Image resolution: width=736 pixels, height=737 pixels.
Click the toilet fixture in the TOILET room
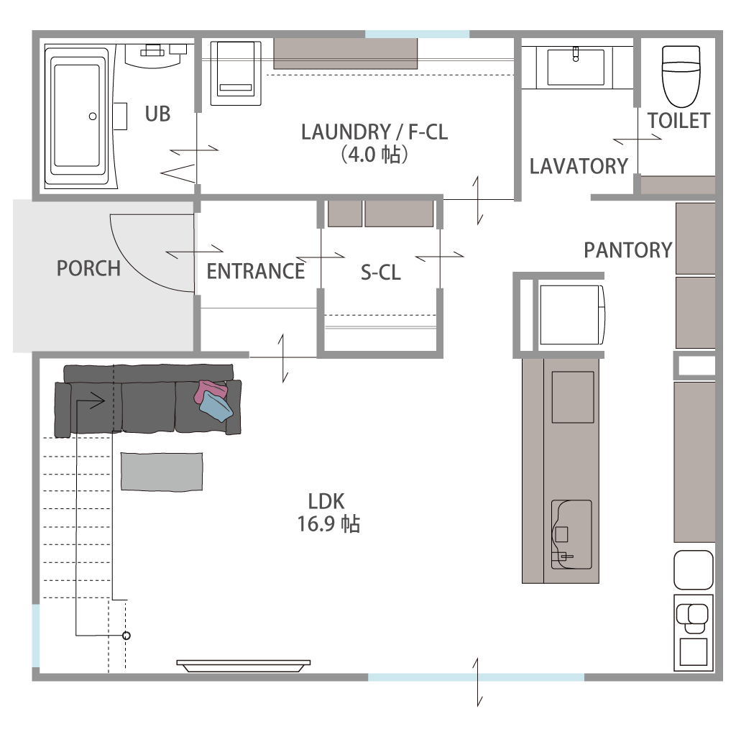[681, 76]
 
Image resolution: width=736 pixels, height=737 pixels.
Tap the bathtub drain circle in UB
[93, 116]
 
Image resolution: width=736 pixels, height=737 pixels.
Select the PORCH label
[88, 268]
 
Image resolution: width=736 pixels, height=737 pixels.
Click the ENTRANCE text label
[256, 271]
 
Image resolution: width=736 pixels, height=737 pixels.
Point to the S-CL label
[381, 273]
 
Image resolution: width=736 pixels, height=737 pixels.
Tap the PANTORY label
[628, 250]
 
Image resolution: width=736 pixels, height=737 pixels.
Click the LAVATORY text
[579, 166]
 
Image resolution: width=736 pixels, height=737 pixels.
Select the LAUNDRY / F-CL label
[374, 132]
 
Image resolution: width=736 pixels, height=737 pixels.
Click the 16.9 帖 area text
[328, 523]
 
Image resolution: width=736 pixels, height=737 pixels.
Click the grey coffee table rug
[162, 472]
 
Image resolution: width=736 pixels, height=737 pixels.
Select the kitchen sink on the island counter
[571, 534]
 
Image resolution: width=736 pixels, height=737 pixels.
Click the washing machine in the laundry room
[236, 73]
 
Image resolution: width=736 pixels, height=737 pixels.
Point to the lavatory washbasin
[576, 67]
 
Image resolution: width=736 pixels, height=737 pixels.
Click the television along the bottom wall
[244, 666]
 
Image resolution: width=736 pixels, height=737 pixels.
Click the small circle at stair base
[126, 636]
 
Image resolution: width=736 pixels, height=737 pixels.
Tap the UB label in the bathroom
[157, 114]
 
